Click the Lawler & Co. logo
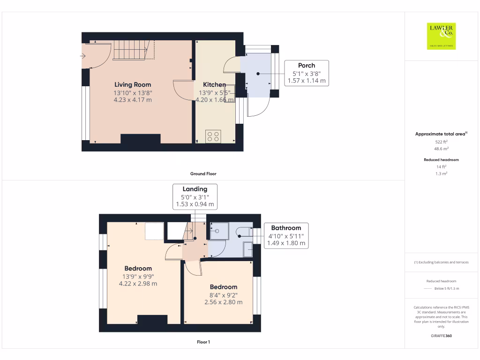(x=441, y=36)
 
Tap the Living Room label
(x=133, y=85)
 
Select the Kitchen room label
(x=214, y=85)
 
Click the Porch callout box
(x=307, y=73)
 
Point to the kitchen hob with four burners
(x=213, y=136)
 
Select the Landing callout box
(x=195, y=196)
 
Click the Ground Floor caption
(x=203, y=173)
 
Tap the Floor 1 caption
(x=203, y=342)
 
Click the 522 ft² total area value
(x=441, y=142)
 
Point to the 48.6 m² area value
(x=441, y=149)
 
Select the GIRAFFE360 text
(x=441, y=336)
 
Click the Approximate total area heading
(x=441, y=134)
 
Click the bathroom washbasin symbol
(x=248, y=249)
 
